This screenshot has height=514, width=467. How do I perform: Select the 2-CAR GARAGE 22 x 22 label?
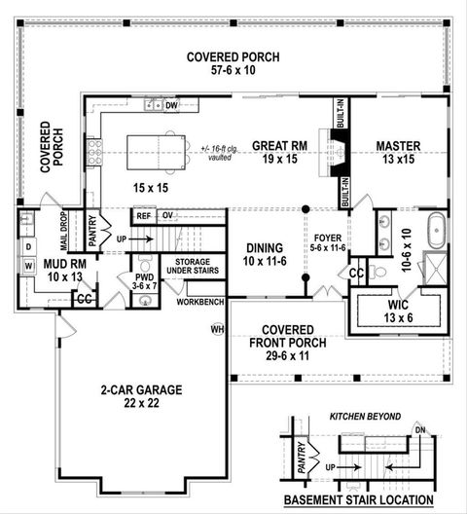141,397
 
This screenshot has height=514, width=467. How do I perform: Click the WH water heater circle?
217,329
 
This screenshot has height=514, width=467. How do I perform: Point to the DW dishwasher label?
171,105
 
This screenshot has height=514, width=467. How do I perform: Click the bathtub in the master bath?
437,231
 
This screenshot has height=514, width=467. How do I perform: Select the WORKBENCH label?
199,302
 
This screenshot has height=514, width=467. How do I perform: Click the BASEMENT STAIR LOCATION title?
359,500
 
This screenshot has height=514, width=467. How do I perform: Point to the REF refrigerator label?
144,216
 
